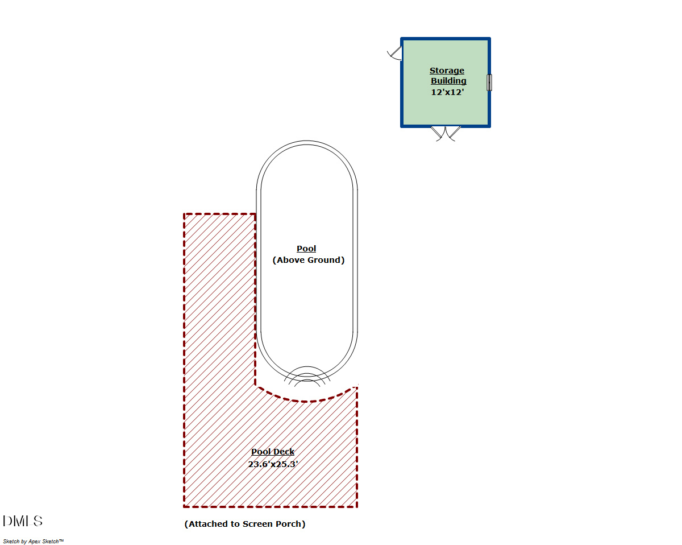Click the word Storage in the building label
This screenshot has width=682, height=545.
[447, 71]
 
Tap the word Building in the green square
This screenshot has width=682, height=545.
[448, 81]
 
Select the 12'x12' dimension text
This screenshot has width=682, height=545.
[447, 92]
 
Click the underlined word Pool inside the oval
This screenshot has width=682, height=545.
[306, 249]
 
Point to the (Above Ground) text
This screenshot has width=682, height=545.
[309, 260]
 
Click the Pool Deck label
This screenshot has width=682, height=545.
[273, 452]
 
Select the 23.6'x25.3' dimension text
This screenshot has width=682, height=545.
[273, 464]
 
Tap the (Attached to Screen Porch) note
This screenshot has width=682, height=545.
[244, 524]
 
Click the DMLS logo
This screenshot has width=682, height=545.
[23, 521]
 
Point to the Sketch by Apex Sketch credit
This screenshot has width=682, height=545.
[34, 541]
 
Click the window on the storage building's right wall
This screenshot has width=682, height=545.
[489, 82]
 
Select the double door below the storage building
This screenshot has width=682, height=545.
[446, 134]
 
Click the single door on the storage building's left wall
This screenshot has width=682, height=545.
[394, 53]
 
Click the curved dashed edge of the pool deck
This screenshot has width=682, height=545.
[305, 402]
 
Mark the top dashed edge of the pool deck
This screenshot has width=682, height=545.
[219, 214]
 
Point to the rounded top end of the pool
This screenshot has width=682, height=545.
[307, 141]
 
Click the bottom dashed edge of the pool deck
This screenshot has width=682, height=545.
[271, 507]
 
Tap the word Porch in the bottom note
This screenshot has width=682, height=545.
[290, 524]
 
